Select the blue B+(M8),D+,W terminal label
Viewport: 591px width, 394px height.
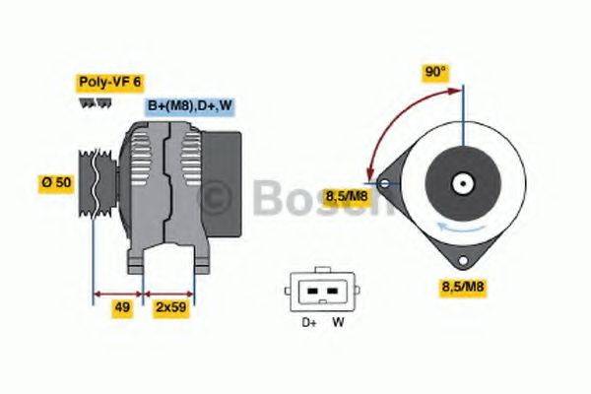pos(190,105)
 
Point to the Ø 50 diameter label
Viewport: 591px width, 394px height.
pos(55,184)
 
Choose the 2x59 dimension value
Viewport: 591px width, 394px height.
pos(171,308)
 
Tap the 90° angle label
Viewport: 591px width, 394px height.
pos(435,72)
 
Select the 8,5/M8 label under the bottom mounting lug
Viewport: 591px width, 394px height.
pos(464,288)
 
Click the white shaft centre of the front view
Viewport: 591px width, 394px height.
pos(461,183)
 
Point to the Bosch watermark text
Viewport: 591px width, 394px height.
pos(295,200)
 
